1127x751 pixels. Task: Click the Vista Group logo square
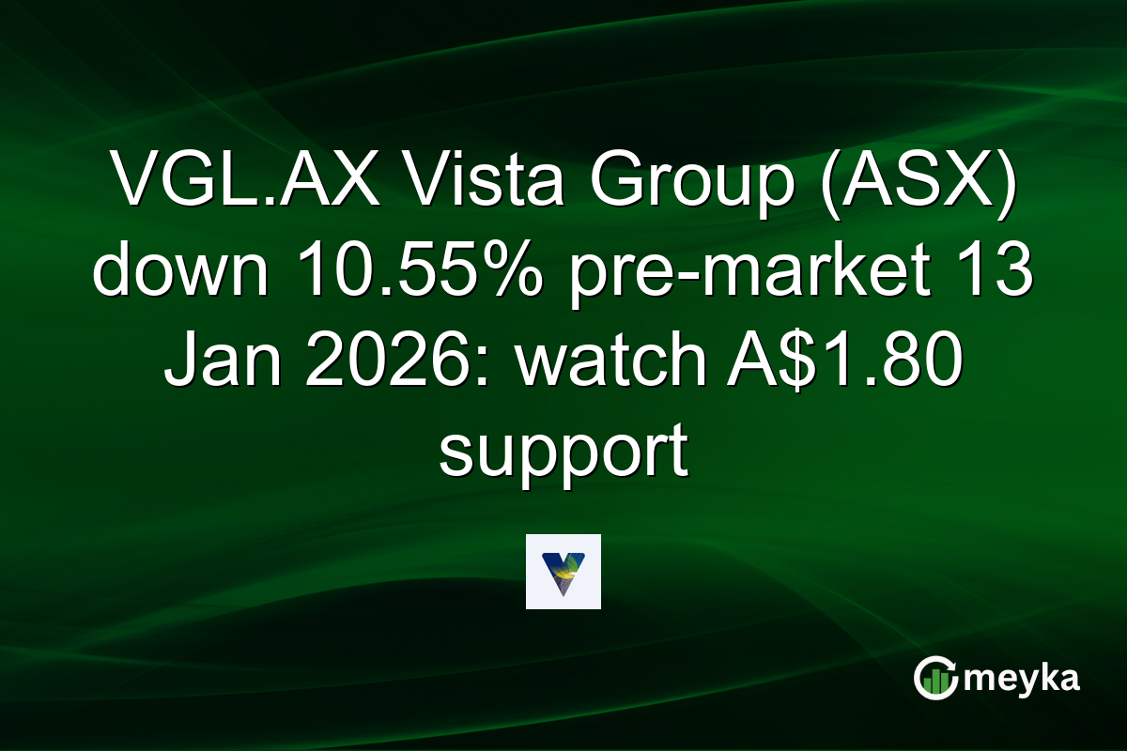point(563,572)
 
